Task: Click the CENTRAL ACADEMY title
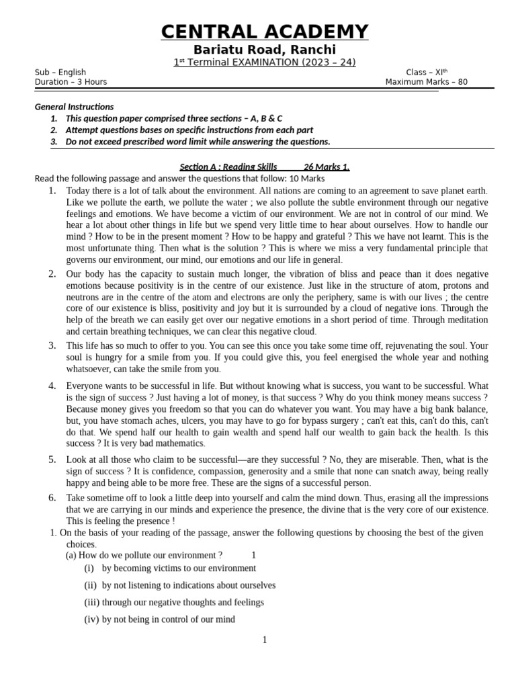click(x=264, y=32)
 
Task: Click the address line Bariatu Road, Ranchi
click(x=264, y=50)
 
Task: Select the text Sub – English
click(x=60, y=73)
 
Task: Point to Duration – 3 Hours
click(x=71, y=82)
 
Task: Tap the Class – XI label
click(x=426, y=73)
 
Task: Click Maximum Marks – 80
click(x=426, y=82)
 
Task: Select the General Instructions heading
click(x=74, y=107)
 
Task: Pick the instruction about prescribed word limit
click(x=198, y=142)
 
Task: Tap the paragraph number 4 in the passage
click(x=52, y=386)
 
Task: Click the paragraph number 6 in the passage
click(x=52, y=498)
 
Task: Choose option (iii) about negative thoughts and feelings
click(x=174, y=603)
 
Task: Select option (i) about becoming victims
click(x=170, y=568)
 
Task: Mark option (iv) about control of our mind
click(x=159, y=619)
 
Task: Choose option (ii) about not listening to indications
click(x=179, y=585)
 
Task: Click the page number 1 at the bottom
click(x=265, y=640)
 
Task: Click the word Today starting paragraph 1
click(x=79, y=191)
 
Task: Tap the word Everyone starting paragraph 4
click(x=85, y=386)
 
